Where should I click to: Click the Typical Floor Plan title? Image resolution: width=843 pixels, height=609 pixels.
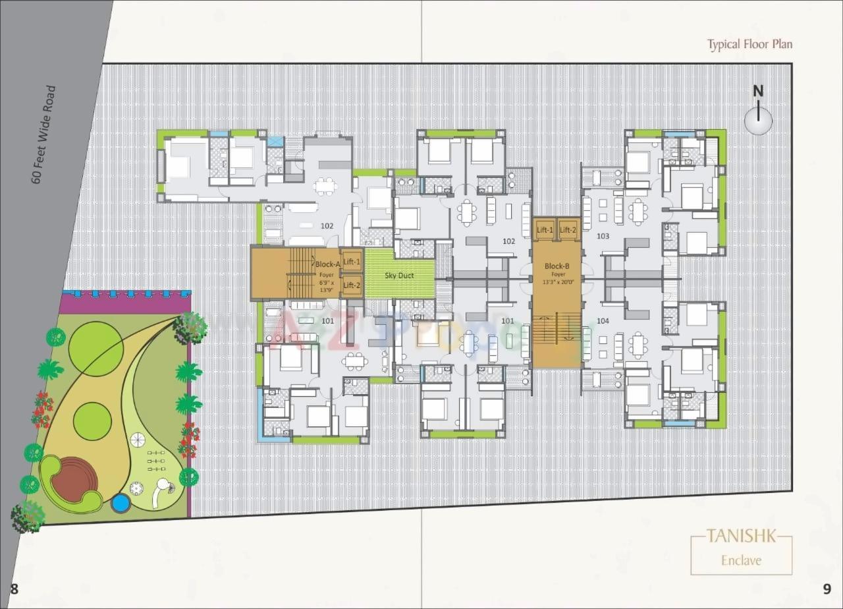point(749,44)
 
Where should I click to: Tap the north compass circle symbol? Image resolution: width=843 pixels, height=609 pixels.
point(758,121)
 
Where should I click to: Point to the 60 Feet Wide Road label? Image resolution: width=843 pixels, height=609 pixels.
point(44,134)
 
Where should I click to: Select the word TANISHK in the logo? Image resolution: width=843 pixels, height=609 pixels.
point(741,536)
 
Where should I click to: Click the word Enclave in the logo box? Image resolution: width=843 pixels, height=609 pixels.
point(741,560)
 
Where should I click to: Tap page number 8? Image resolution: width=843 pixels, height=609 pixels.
point(14,589)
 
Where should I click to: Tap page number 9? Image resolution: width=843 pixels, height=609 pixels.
point(827,589)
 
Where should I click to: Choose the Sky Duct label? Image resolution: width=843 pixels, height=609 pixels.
point(399,275)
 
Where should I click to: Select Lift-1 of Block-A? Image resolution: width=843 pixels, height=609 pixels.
point(352,262)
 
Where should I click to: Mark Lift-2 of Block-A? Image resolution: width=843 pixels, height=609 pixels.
point(352,285)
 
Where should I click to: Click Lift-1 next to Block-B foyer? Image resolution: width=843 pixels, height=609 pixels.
point(545,229)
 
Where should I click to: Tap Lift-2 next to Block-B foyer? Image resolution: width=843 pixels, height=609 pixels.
point(568,229)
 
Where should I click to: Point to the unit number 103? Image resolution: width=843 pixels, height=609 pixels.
point(603,236)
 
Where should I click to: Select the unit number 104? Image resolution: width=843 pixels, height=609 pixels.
point(603,321)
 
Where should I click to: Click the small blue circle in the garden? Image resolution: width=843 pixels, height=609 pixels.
point(120,504)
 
